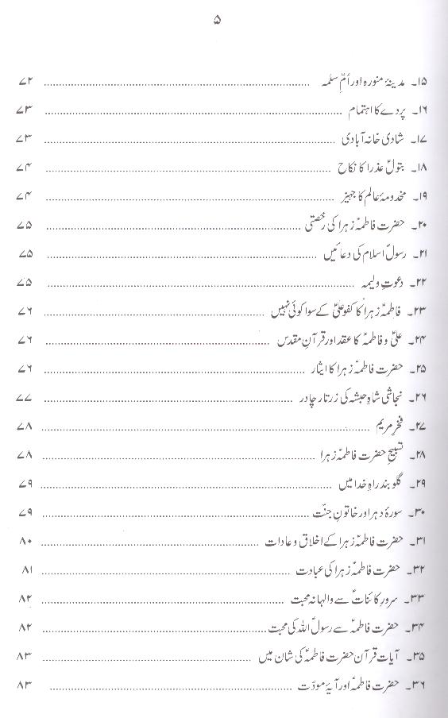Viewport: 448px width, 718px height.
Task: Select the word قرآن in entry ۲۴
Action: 290,339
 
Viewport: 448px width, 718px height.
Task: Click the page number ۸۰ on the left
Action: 23,542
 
